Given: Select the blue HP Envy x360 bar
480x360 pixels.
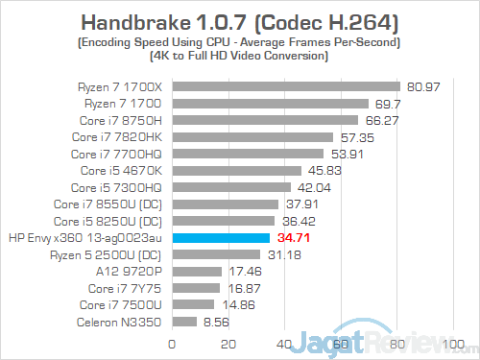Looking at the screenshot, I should coord(220,237).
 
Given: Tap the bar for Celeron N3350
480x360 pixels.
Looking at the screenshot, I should coord(183,322).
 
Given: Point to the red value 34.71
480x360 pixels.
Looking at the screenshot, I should coord(290,237).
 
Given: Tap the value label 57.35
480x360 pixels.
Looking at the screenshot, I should coord(354,137).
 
